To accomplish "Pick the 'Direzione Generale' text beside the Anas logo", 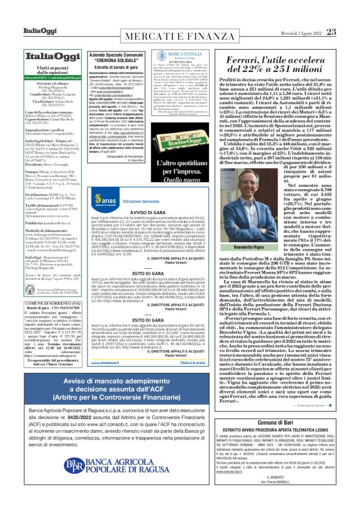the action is (x=142, y=202).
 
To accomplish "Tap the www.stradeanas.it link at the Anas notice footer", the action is (x=106, y=361).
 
